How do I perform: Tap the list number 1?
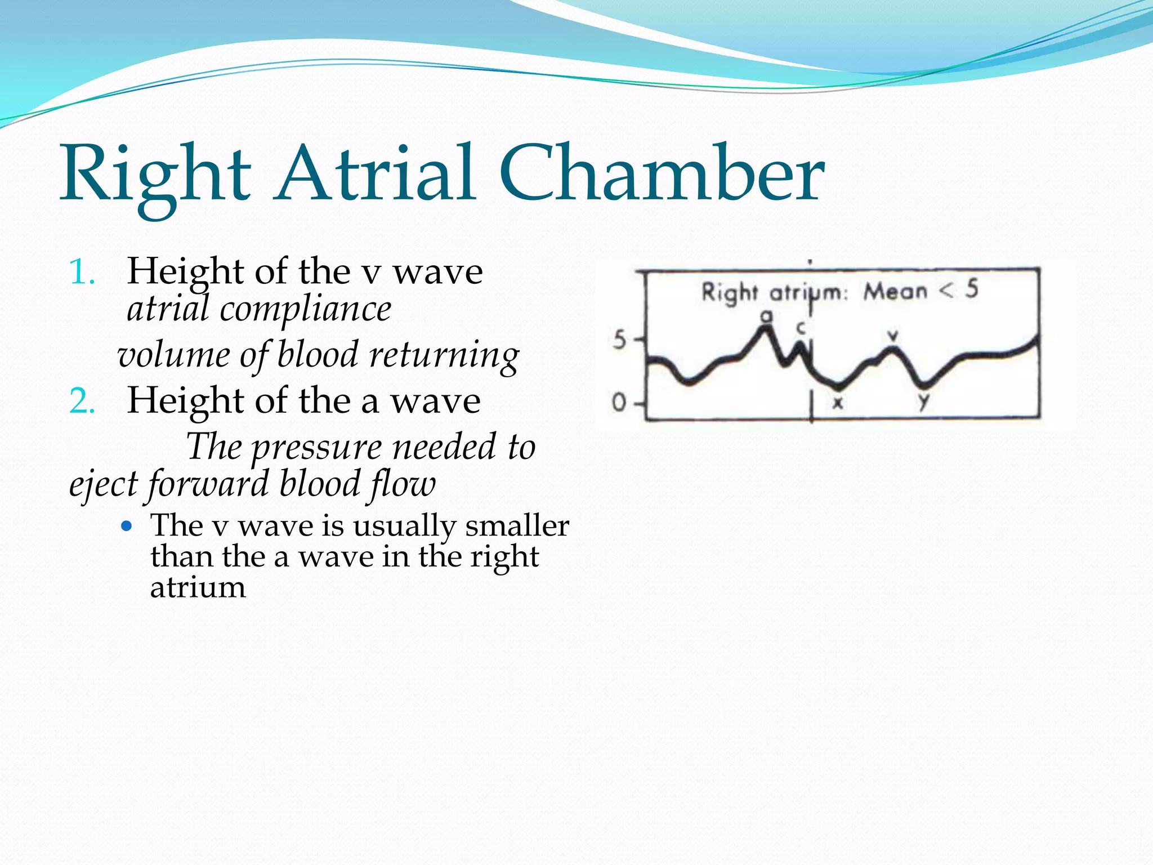click(82, 273)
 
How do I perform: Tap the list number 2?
click(82, 402)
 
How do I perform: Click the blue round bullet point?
click(127, 527)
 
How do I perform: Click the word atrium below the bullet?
click(198, 588)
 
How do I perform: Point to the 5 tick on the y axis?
click(620, 340)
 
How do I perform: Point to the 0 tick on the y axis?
click(620, 403)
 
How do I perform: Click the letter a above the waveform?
click(766, 316)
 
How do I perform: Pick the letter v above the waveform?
click(892, 336)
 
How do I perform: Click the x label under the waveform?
click(838, 403)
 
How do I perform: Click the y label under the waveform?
click(923, 402)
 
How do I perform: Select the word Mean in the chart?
click(895, 292)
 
